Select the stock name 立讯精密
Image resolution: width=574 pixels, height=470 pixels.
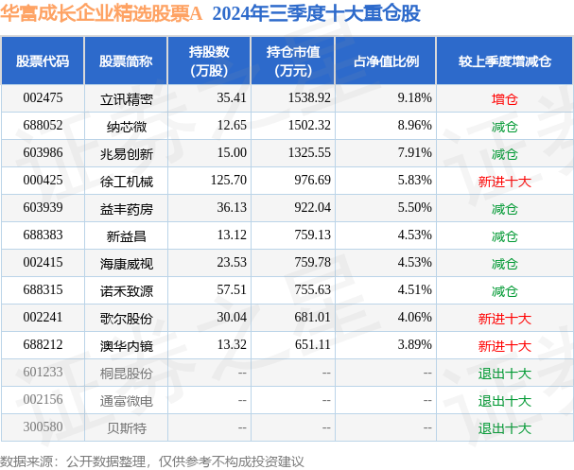(x=126, y=97)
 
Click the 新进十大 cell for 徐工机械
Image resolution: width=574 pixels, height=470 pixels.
(x=504, y=181)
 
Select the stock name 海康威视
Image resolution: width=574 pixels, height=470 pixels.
(x=126, y=263)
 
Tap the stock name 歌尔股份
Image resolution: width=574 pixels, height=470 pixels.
(x=126, y=319)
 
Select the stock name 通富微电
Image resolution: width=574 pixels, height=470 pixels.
(x=126, y=401)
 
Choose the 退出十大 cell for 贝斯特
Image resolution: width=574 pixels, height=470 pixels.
(x=504, y=428)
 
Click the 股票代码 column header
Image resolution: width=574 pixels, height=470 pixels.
(x=43, y=61)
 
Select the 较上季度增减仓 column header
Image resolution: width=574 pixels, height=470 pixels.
(x=504, y=61)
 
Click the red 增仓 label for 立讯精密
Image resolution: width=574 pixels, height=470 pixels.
(x=504, y=97)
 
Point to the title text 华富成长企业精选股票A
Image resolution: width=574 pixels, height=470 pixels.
(x=103, y=14)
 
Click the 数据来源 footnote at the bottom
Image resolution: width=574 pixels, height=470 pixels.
(x=151, y=461)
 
